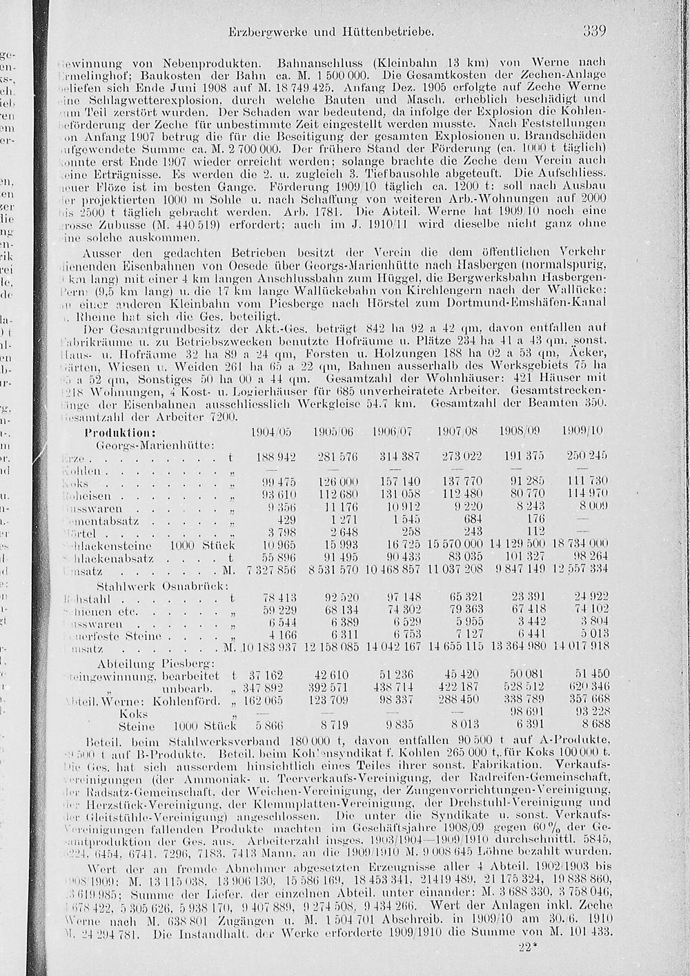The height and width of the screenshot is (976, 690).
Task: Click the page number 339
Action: coord(593,31)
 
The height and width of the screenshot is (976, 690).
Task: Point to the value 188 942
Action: coord(276,458)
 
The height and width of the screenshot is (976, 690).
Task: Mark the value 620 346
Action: coord(586,688)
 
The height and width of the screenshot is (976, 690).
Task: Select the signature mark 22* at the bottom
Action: coord(527,947)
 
